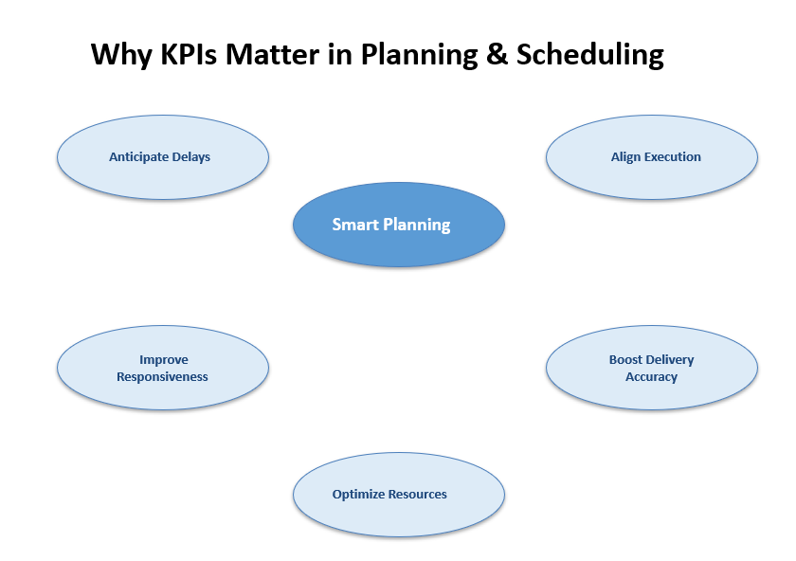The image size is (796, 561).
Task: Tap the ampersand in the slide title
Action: [497, 54]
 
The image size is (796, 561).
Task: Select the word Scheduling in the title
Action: [589, 55]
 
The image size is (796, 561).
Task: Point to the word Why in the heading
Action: [121, 55]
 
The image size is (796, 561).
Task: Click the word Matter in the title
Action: [272, 54]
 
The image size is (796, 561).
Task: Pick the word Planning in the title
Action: [419, 55]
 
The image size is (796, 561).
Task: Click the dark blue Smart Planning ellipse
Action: [399, 225]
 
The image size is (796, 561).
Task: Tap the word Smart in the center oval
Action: [355, 225]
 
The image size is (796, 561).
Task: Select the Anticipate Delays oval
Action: [162, 157]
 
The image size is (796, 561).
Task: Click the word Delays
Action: [190, 157]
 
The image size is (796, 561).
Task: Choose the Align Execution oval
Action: [652, 157]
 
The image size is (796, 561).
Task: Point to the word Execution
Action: [672, 157]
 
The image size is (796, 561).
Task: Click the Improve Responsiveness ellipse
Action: [162, 368]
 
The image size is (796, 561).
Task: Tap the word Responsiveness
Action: [162, 377]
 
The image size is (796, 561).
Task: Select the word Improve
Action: [164, 359]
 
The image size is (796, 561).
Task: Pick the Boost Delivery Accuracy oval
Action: [652, 368]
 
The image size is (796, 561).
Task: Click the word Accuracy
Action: [651, 377]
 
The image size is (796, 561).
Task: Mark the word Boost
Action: [624, 359]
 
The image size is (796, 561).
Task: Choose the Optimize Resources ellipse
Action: [399, 495]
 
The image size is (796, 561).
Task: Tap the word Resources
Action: [417, 494]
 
